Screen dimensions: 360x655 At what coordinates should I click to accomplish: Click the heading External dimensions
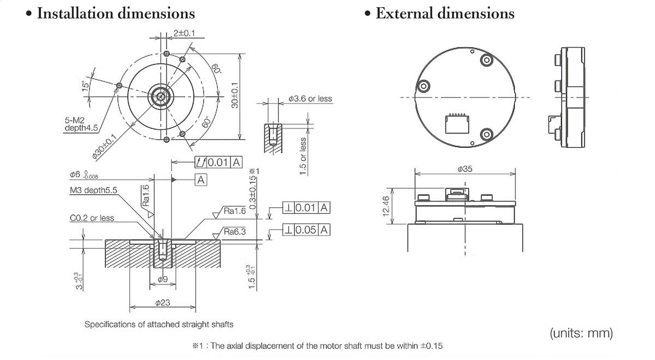444,13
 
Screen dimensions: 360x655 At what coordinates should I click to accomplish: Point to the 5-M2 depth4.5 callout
76,124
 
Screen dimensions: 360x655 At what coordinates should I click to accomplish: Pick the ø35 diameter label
465,170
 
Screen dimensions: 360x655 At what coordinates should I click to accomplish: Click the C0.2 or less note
92,218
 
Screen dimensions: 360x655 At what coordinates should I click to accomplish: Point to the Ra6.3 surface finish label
235,232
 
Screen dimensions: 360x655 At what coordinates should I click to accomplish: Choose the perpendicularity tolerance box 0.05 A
306,230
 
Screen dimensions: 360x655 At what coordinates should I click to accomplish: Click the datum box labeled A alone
201,179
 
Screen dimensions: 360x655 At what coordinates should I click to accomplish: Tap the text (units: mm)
581,332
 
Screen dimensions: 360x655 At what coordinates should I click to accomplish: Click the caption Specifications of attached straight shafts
159,324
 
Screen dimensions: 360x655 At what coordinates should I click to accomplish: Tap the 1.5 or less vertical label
303,156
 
